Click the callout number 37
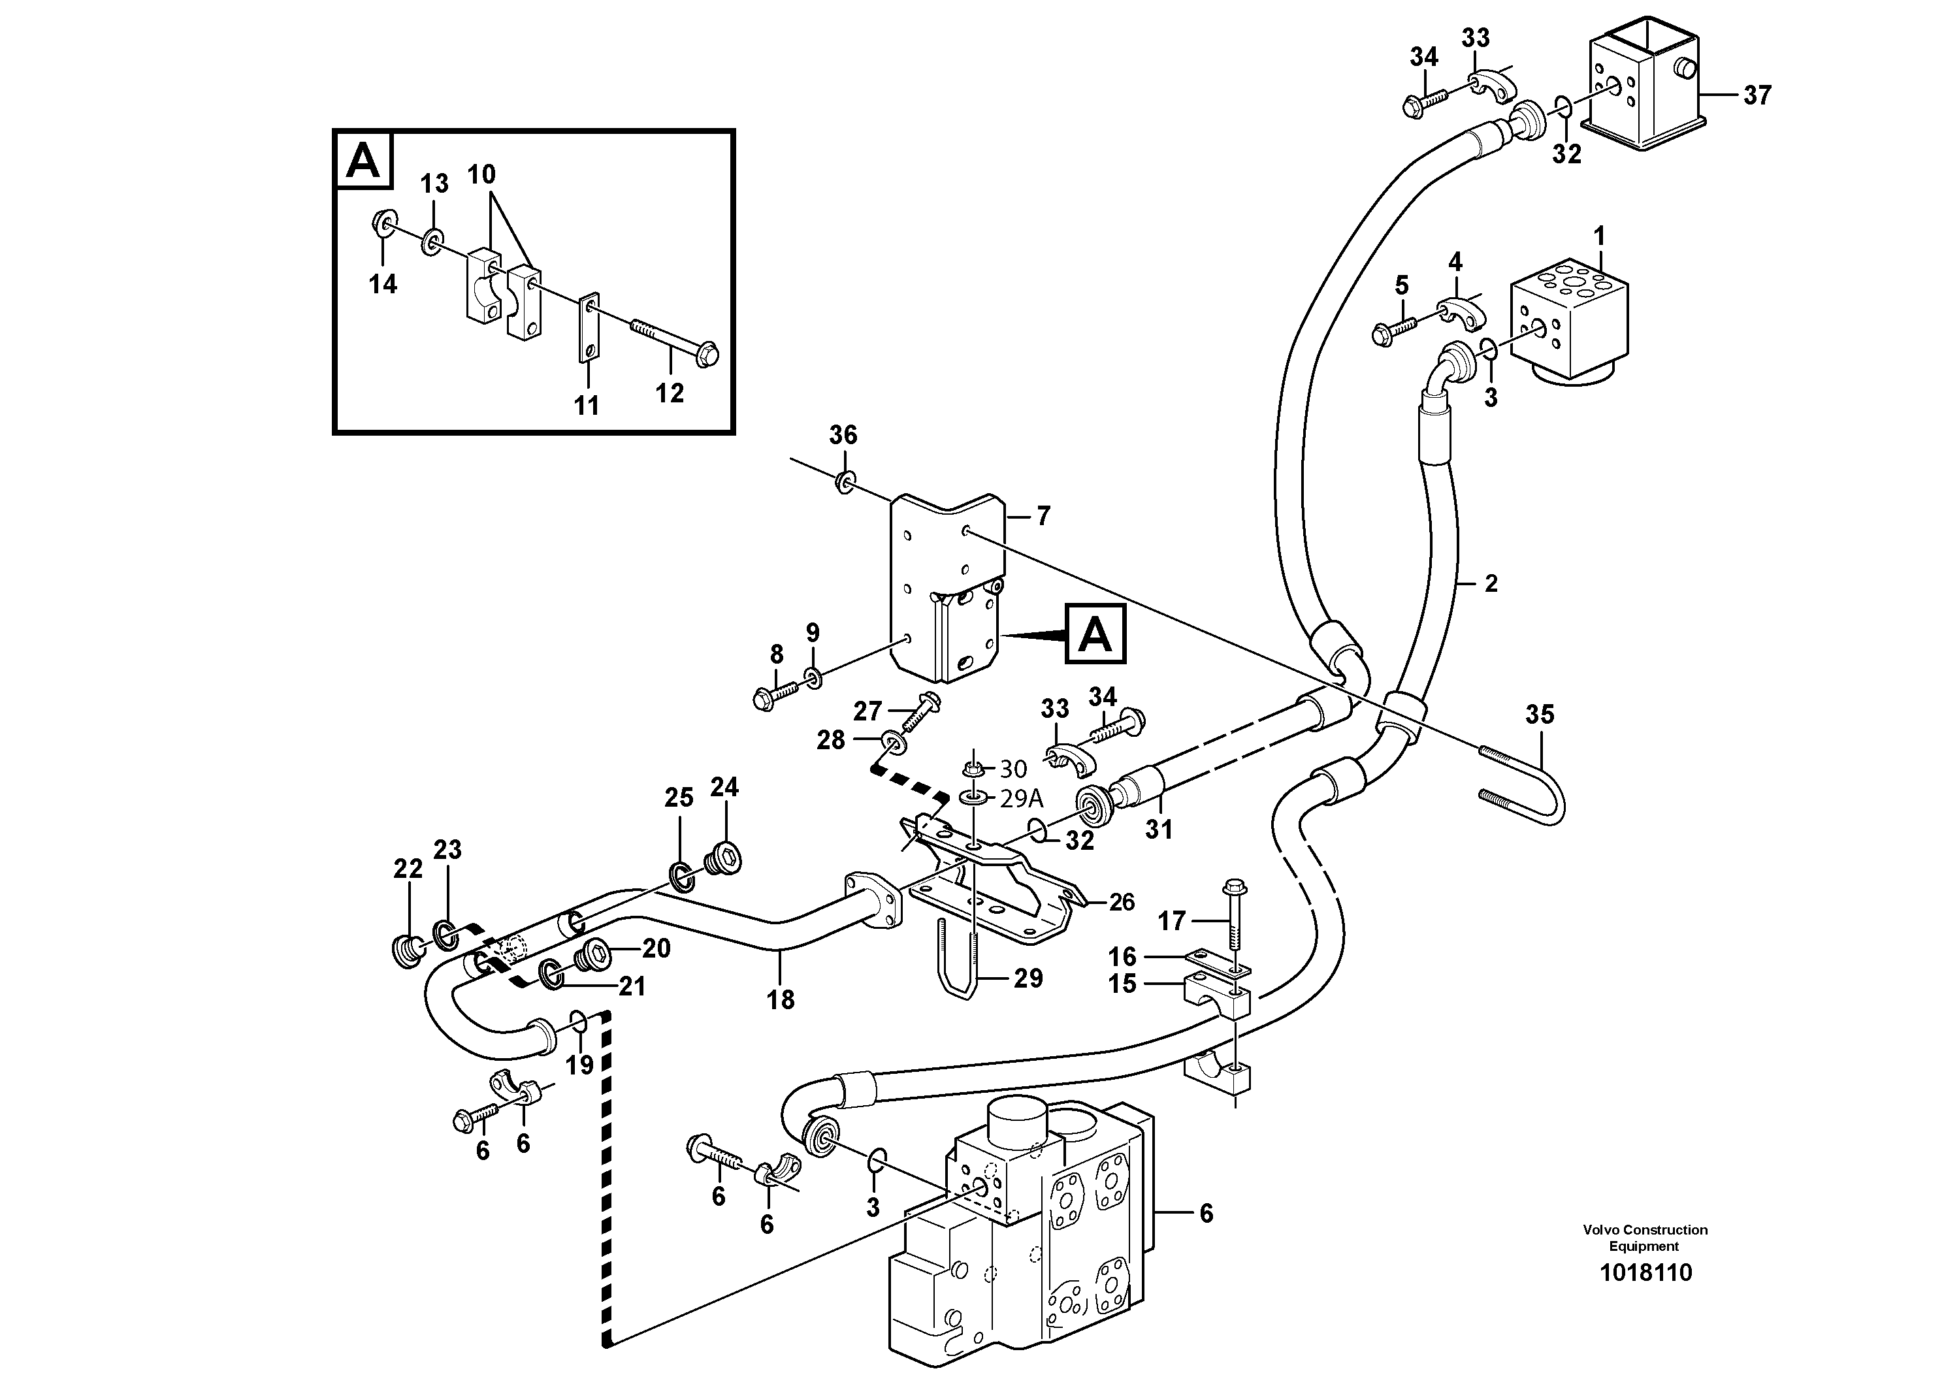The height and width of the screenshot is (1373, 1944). tap(1757, 95)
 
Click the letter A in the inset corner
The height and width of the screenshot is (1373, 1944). tap(364, 159)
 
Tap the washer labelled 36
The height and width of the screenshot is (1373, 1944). tap(844, 483)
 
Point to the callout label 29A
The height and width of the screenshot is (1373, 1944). tap(1022, 798)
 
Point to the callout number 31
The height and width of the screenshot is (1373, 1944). tap(1158, 830)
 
